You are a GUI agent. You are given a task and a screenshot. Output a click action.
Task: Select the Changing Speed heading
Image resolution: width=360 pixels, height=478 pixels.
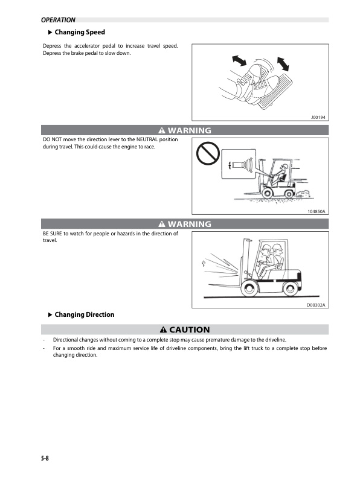point(80,32)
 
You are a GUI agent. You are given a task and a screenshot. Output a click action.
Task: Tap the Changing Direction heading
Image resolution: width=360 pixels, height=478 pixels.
point(84,314)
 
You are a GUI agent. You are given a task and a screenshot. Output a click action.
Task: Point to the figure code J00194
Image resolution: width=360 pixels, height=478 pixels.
point(318,118)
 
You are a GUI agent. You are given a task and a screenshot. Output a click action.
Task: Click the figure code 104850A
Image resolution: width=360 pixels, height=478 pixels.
point(316,212)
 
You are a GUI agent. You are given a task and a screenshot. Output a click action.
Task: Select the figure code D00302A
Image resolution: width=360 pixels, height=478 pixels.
point(316,305)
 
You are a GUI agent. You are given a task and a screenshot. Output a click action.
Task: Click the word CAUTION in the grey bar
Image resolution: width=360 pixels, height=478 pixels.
point(189,330)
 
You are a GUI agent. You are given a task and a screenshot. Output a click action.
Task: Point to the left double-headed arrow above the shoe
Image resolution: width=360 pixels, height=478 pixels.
point(240,60)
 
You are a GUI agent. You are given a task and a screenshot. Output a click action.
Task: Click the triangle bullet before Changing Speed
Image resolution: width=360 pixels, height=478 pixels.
point(50,32)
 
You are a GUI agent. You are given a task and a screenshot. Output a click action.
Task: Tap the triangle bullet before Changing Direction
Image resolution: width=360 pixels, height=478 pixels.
point(50,314)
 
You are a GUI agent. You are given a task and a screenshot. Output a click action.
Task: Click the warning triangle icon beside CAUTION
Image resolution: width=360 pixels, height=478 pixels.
point(164,330)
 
